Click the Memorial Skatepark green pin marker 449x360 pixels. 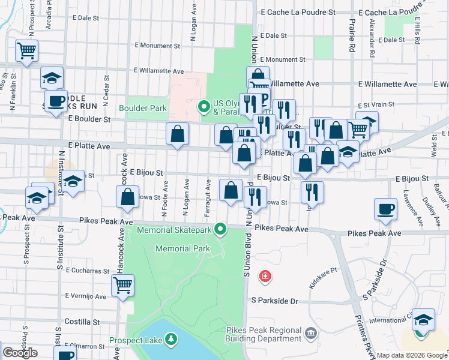click(x=221, y=229)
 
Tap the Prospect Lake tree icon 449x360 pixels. click(x=172, y=340)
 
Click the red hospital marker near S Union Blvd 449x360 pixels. click(x=264, y=277)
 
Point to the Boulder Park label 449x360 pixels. click(x=143, y=109)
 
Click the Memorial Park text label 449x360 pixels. click(x=182, y=248)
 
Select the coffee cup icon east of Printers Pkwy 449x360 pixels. click(x=385, y=210)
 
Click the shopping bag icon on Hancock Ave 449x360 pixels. click(x=128, y=197)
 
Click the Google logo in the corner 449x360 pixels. click(x=20, y=353)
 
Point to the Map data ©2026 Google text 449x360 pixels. click(x=412, y=355)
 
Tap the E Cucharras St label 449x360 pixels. click(x=91, y=271)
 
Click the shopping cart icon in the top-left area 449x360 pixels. click(x=27, y=52)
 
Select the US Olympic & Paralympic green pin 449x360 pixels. click(x=204, y=108)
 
